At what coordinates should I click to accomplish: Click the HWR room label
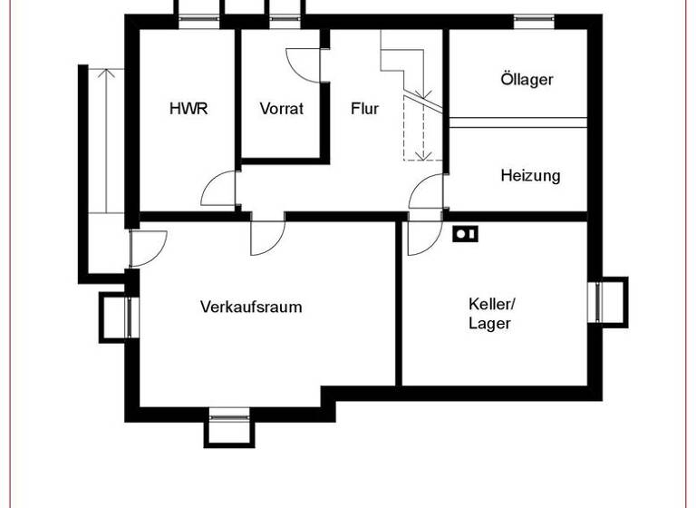click(x=188, y=109)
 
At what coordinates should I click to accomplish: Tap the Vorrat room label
click(x=281, y=109)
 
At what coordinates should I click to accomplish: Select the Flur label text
click(x=364, y=109)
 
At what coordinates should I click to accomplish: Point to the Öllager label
click(x=527, y=79)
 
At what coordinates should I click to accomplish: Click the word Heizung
click(x=530, y=175)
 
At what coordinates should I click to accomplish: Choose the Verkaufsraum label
click(x=251, y=307)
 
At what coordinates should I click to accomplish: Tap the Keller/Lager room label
click(x=490, y=313)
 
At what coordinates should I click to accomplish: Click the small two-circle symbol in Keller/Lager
click(x=465, y=235)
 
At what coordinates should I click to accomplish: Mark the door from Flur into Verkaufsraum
click(x=268, y=237)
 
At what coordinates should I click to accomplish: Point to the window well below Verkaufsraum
click(x=227, y=427)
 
